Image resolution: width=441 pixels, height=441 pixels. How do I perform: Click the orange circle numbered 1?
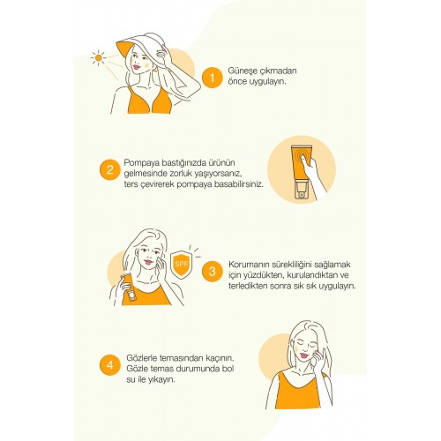click(x=211, y=78)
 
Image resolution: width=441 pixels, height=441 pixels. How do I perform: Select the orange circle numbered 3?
click(x=211, y=272)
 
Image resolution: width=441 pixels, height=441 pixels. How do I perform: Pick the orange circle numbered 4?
click(x=110, y=364)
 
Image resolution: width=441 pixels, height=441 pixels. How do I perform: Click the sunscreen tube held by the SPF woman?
click(x=129, y=288)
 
